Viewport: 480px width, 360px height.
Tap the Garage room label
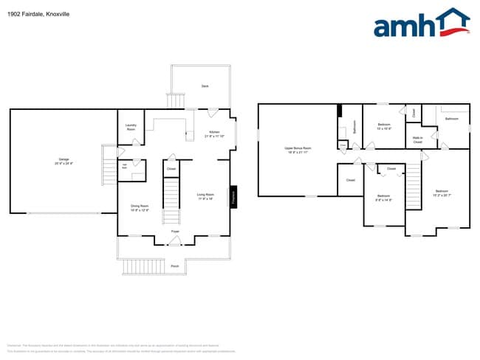coord(64,161)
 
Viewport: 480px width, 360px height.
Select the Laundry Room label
coord(131,127)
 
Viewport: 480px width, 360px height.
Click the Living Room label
coord(205,196)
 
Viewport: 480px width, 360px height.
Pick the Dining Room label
coord(140,208)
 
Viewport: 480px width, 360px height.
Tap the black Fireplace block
coord(233,196)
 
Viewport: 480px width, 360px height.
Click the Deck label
coord(205,86)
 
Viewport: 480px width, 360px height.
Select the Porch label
coord(175,266)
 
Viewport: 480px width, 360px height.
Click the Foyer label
coord(175,232)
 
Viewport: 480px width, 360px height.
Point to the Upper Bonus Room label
coord(298,150)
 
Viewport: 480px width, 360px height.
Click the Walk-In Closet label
coord(417,139)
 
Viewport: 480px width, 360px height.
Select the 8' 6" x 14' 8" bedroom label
coord(383,198)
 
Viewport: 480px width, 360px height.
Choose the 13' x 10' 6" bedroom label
coord(384,126)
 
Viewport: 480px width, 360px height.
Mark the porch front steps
coord(134,266)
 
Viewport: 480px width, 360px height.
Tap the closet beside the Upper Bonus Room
coord(350,180)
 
